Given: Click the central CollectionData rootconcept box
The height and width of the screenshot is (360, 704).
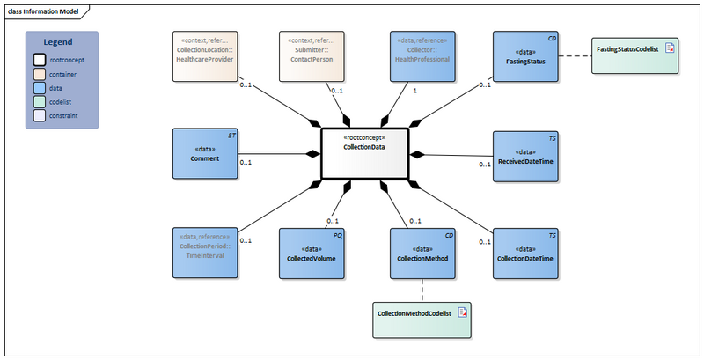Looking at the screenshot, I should click(x=364, y=154).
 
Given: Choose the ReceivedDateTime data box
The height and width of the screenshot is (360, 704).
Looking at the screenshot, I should click(x=525, y=156).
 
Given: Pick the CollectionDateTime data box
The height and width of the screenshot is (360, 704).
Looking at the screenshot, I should click(x=525, y=253).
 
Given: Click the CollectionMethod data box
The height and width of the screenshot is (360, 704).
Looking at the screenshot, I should click(x=422, y=253).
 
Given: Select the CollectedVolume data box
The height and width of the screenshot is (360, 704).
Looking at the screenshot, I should click(x=312, y=253).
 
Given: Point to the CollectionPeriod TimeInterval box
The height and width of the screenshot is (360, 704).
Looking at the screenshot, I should click(x=205, y=253).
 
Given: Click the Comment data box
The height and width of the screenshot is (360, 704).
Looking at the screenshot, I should click(x=205, y=154).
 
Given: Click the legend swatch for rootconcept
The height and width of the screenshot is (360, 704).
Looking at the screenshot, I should click(x=40, y=60).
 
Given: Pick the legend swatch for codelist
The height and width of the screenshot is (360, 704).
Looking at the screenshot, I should click(x=40, y=102).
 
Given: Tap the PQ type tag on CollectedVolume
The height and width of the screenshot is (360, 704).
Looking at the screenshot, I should click(x=338, y=236).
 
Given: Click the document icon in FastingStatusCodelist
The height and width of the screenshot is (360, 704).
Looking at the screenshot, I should click(x=669, y=48).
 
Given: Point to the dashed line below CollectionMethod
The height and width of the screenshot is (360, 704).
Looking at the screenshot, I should click(x=423, y=290).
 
